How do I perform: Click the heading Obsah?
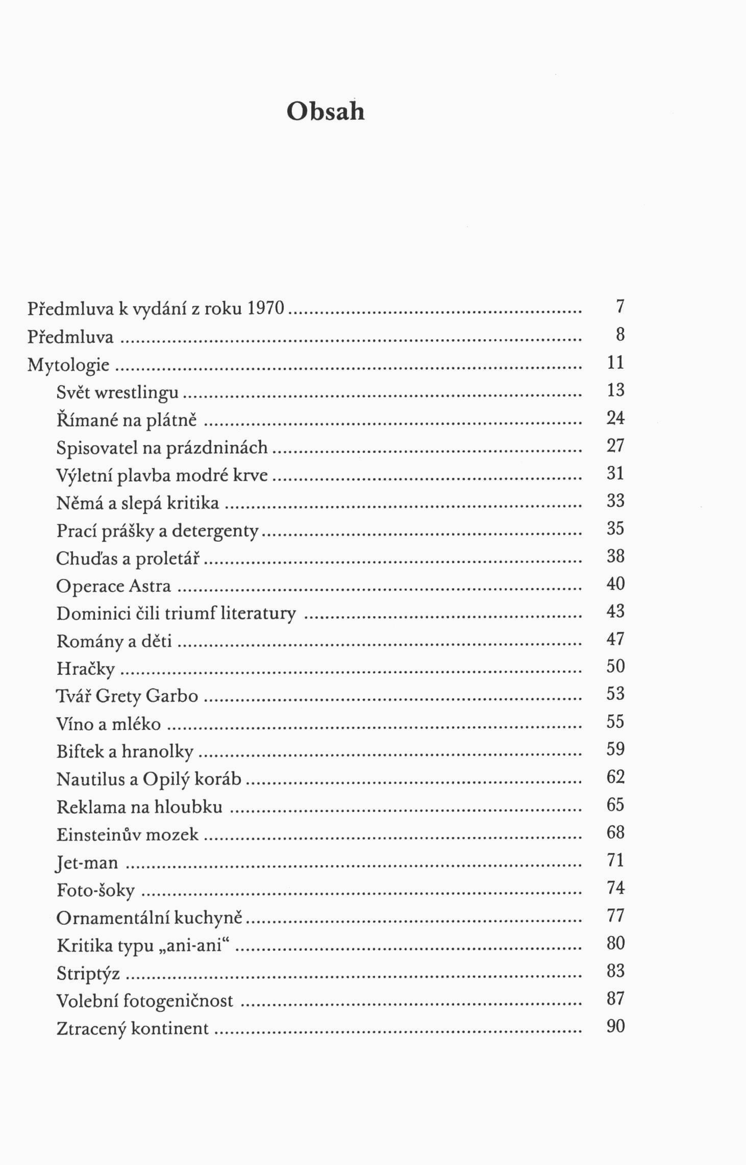coord(326,111)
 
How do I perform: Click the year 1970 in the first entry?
coord(265,308)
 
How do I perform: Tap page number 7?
coord(620,307)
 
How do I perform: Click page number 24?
coord(615,418)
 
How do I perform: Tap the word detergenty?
coord(215,531)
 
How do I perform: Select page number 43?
coord(615,611)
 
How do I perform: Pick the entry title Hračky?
coord(86,669)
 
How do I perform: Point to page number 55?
coord(615,721)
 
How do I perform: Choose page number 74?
coord(615,888)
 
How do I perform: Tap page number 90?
coord(615,1026)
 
